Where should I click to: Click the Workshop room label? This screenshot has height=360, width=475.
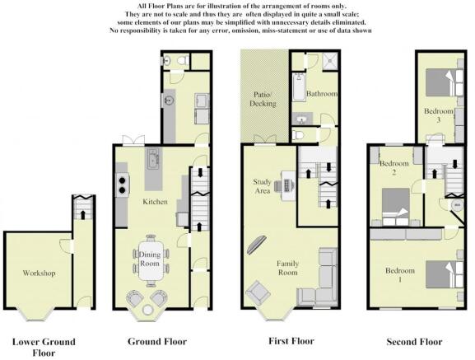pos(39,272)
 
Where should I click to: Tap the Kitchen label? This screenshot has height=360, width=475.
pos(155,201)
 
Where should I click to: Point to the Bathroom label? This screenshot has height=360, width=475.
pos(321,94)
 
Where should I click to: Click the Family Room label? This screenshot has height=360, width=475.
pos(287,267)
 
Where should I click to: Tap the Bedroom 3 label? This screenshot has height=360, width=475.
pos(439,115)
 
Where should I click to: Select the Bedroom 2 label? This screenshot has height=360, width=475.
pos(394,168)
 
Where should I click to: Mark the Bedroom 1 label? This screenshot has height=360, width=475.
pos(400,275)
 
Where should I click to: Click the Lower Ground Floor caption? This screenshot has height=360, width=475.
pos(43,347)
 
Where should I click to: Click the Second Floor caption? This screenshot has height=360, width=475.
pos(414,341)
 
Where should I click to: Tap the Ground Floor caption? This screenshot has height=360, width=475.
pos(157,341)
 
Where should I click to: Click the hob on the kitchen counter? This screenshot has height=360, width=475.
pos(122,184)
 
